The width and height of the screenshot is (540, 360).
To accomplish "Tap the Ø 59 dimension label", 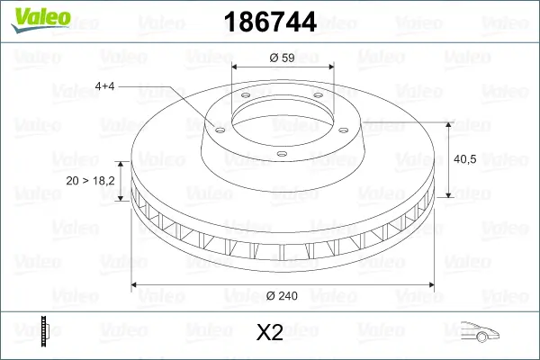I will (283, 58).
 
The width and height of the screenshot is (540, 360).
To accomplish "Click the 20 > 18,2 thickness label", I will (90, 181).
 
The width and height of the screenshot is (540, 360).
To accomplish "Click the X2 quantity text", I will (270, 334).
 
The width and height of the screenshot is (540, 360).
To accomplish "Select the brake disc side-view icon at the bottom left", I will (44, 332).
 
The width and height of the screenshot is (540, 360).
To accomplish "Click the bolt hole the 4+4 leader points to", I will (216, 128).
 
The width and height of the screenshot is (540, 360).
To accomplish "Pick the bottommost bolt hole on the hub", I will (282, 153).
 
